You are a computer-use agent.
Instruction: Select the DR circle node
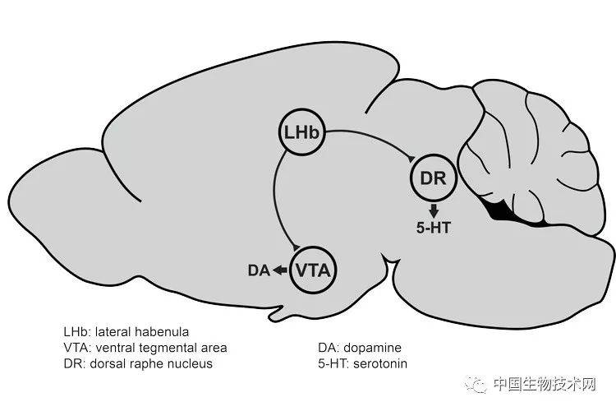click(x=432, y=179)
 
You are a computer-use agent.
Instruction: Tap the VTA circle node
click(x=315, y=269)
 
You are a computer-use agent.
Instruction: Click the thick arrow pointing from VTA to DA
click(x=280, y=270)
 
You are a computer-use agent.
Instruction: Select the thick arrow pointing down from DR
click(x=433, y=209)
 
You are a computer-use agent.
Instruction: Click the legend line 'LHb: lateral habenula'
click(x=126, y=332)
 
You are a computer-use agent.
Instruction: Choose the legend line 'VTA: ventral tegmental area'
click(x=145, y=348)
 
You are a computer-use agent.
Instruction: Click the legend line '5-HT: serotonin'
click(x=363, y=363)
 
